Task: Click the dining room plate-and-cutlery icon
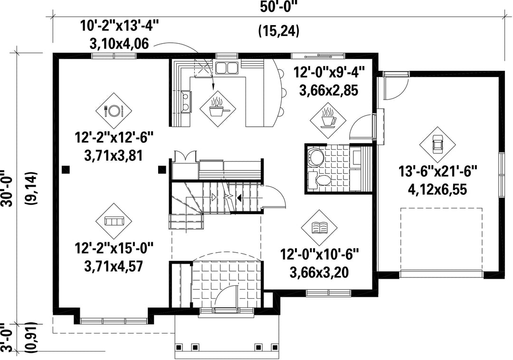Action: (x=114, y=111)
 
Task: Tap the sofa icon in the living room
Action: (x=114, y=221)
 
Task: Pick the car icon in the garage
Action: (x=438, y=144)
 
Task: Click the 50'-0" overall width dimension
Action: (x=279, y=7)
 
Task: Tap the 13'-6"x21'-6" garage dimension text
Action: (x=438, y=171)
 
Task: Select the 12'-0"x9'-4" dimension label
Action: (x=329, y=72)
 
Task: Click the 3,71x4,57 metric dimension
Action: (x=114, y=266)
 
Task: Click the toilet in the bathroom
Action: (x=321, y=180)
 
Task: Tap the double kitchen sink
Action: (x=227, y=68)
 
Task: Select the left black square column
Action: (x=66, y=170)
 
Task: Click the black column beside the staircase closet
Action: (x=161, y=170)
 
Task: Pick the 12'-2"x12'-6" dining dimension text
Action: (x=114, y=137)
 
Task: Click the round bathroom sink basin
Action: (x=315, y=157)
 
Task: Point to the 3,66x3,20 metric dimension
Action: (x=319, y=272)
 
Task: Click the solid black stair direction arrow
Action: (x=239, y=198)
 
